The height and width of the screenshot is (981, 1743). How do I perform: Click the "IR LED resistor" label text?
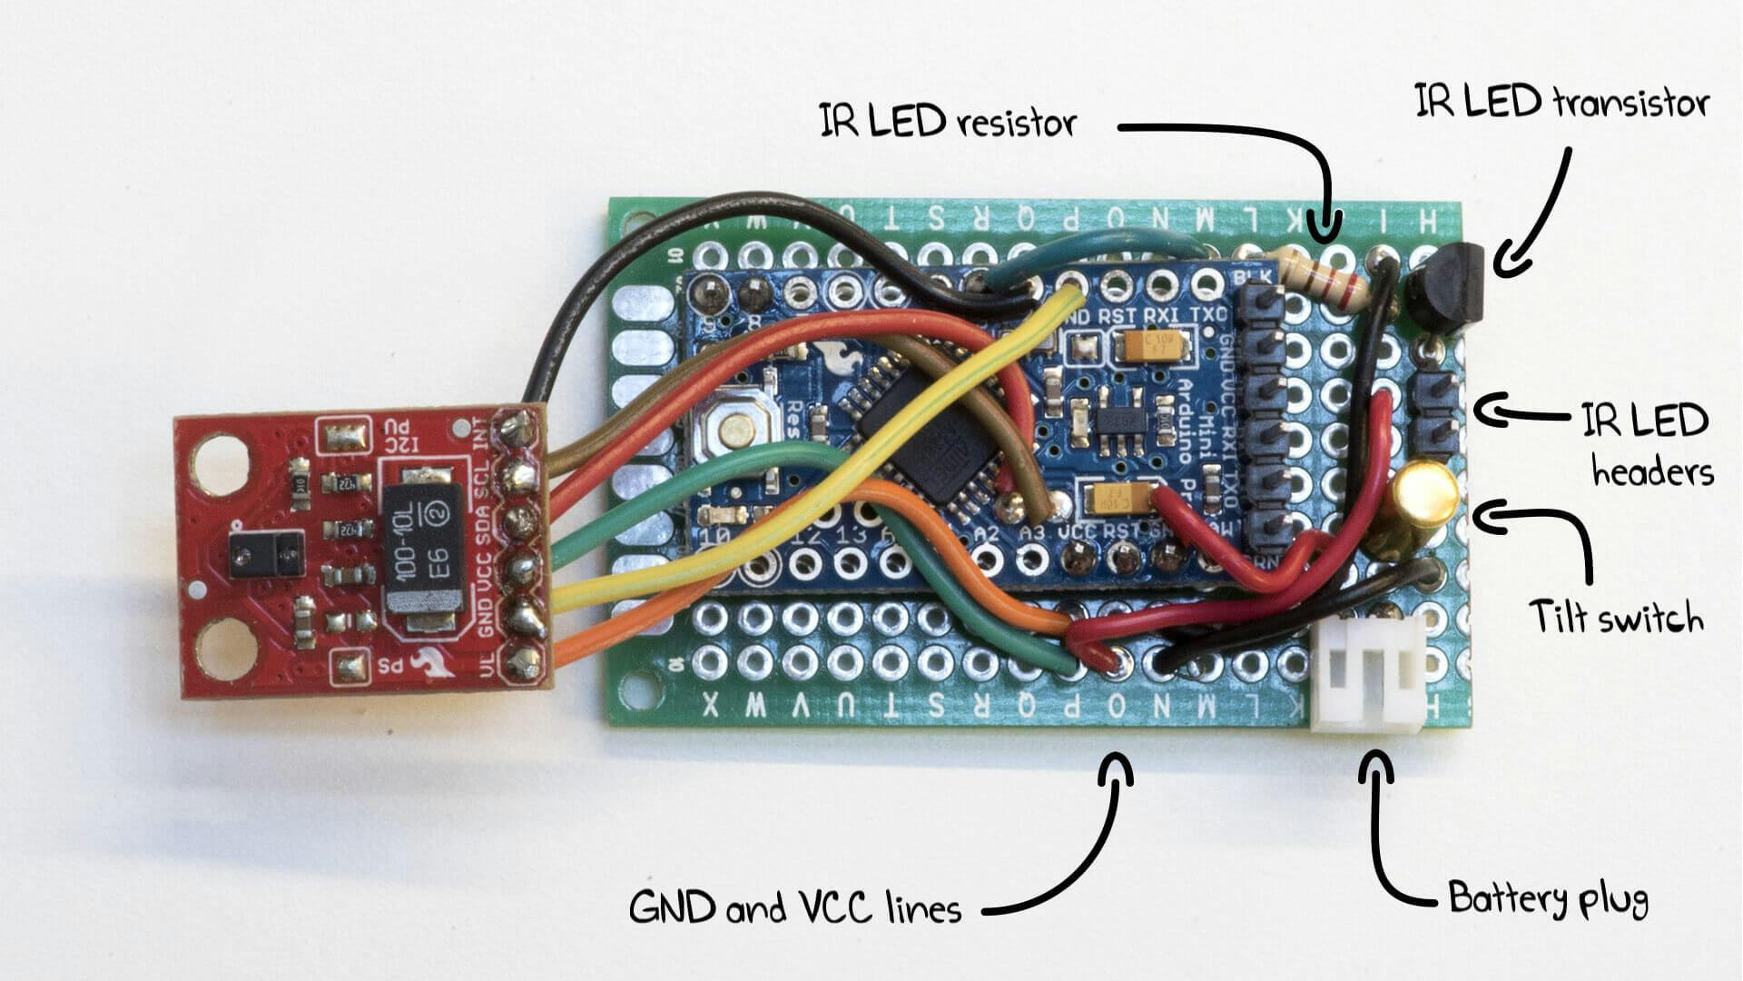tap(948, 122)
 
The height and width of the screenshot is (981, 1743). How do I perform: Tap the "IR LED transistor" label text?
tap(1561, 102)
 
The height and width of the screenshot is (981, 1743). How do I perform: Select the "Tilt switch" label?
tap(1616, 618)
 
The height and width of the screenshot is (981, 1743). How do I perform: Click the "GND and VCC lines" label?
tap(794, 908)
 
